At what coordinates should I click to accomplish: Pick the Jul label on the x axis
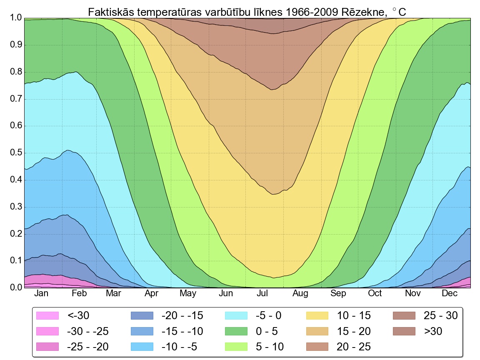pos(262,293)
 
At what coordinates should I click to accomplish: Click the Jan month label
pos(41,293)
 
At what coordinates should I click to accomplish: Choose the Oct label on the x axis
pos(375,293)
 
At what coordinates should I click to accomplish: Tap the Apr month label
pos(151,293)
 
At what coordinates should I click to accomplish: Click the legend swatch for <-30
pos(47,316)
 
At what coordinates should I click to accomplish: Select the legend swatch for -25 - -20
pos(47,347)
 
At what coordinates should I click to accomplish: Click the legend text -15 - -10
pos(182,331)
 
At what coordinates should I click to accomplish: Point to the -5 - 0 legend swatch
pos(236,316)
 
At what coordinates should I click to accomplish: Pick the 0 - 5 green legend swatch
pos(236,331)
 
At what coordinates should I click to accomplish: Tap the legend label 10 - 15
pos(354,316)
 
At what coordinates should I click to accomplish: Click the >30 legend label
pos(433,331)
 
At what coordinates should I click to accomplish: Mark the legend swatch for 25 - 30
pos(404,316)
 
